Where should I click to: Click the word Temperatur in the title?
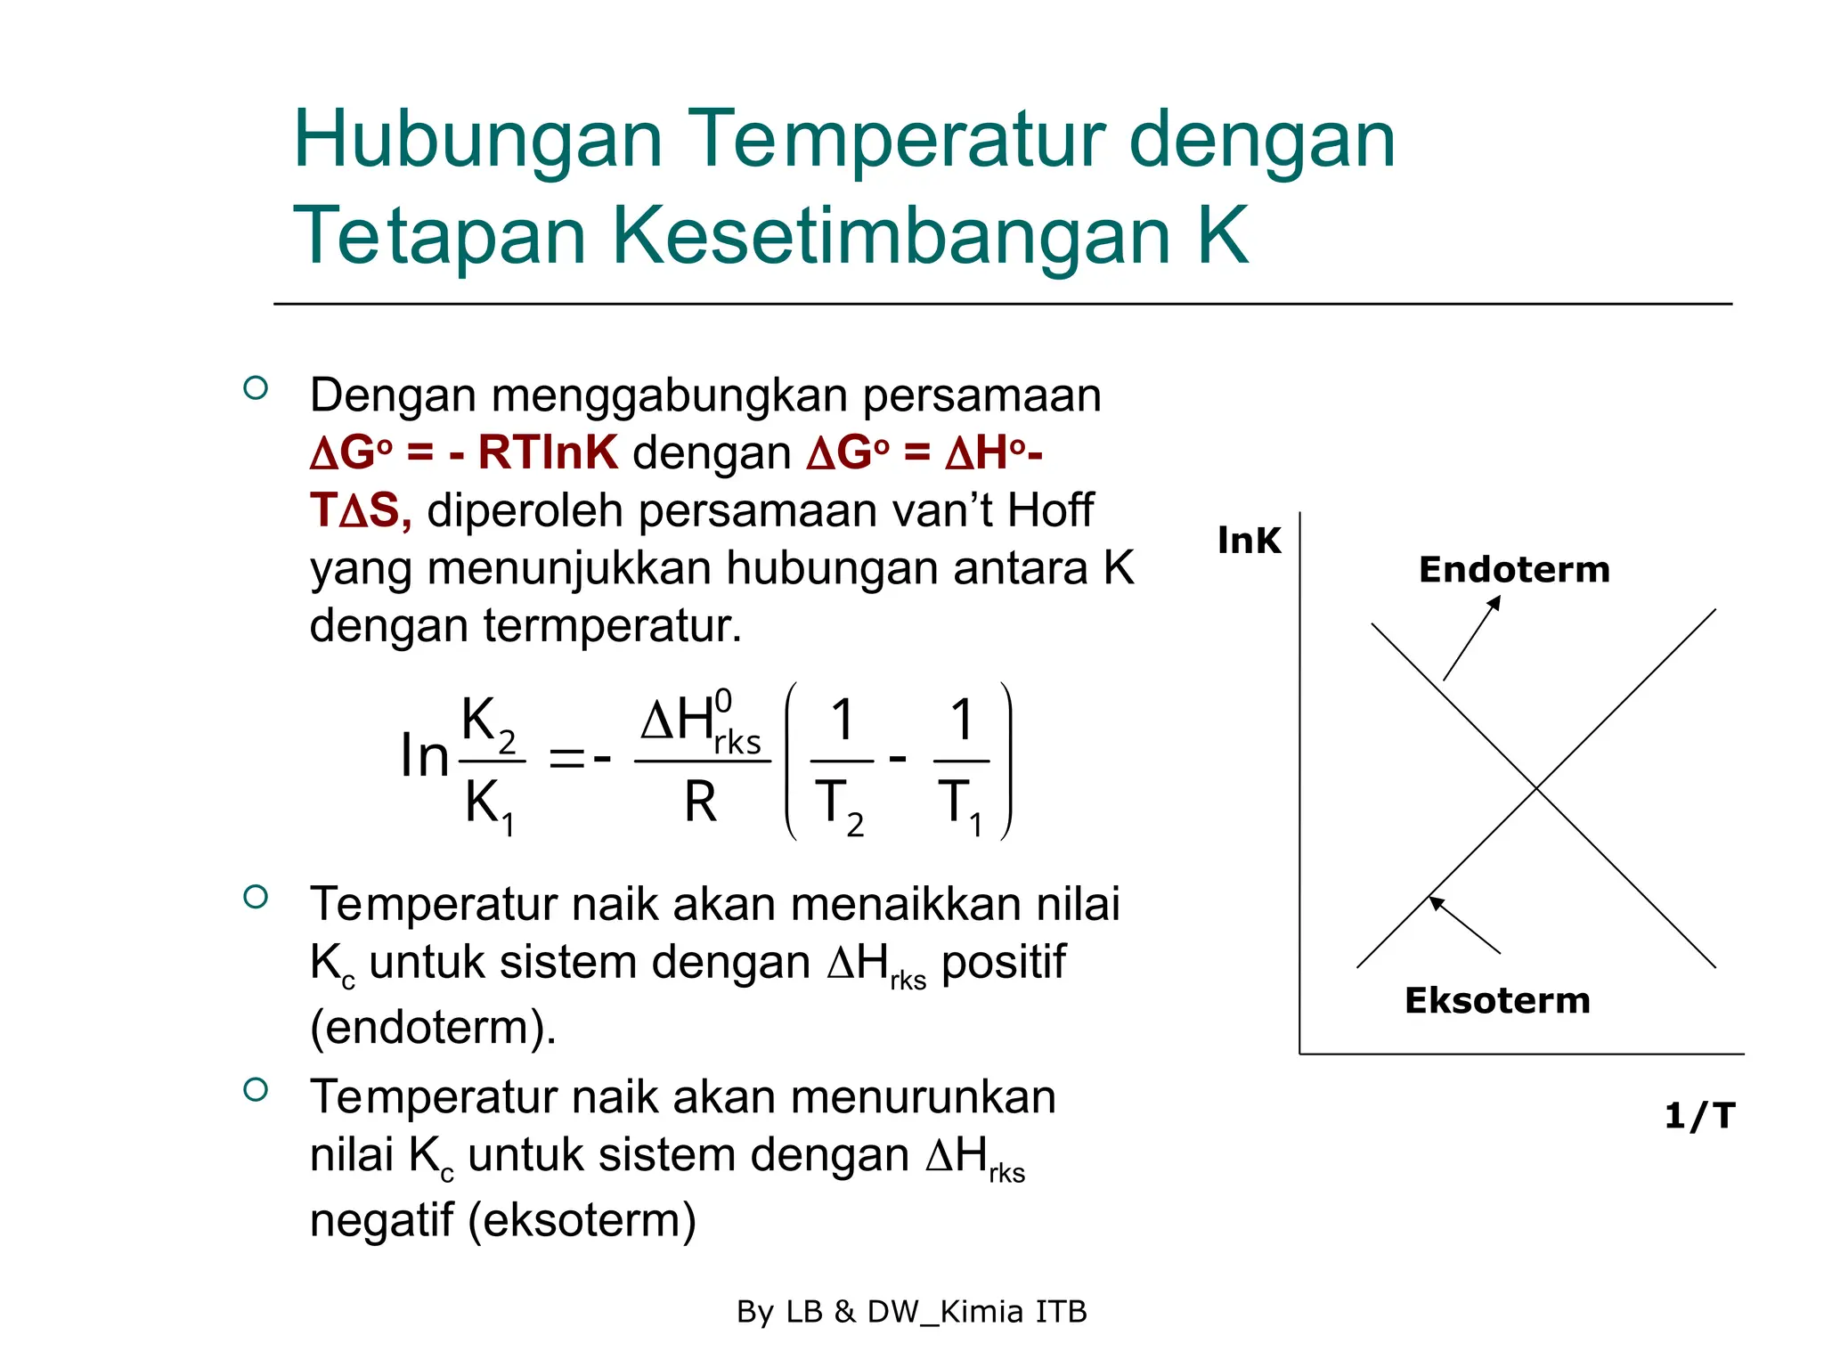coord(895,141)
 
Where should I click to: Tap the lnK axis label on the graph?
coord(1249,541)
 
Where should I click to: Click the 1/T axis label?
coord(1699,1115)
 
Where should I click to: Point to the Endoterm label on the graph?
coord(1514,570)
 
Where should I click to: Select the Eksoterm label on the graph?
coord(1497,1001)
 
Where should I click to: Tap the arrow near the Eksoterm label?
coord(1464,924)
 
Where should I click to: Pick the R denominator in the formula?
coord(700,802)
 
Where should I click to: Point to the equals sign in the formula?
coord(566,760)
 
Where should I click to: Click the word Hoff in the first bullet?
coord(1050,511)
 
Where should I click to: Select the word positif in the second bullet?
coord(1003,962)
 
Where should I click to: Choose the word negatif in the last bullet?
coord(381,1219)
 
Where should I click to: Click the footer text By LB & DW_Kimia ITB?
coord(912,1312)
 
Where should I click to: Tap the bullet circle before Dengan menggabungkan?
coord(256,388)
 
